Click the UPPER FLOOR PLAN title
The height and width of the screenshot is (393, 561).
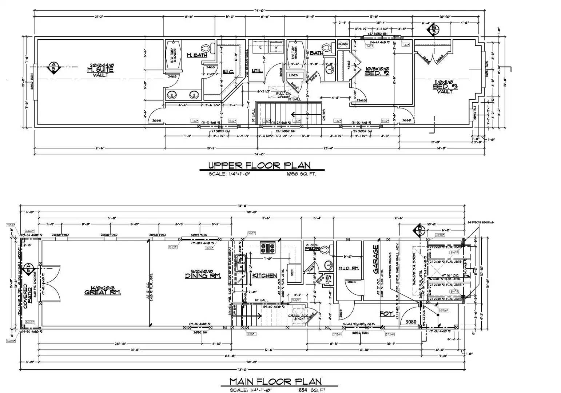tap(259, 165)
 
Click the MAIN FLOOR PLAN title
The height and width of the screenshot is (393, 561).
tap(275, 381)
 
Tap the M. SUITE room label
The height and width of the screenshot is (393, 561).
tap(100, 70)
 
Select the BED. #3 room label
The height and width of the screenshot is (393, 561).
tap(445, 87)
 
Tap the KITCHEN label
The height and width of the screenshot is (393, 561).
tap(264, 275)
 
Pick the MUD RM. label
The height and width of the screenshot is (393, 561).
tap(349, 268)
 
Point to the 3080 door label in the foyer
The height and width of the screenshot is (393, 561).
tap(411, 322)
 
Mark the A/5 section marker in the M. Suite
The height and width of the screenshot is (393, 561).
tap(53, 67)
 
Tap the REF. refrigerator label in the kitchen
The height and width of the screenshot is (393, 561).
tap(291, 271)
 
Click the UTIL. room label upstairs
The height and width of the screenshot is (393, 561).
tap(257, 71)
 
